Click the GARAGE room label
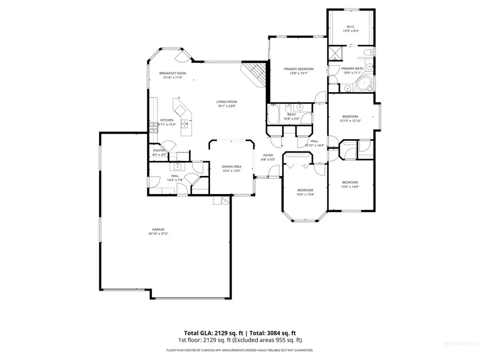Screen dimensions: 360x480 click(157, 229)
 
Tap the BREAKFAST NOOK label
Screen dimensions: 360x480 click(172, 73)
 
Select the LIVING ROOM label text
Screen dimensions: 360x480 click(227, 102)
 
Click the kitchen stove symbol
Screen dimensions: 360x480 click(154, 127)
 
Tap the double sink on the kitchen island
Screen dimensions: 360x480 click(185, 124)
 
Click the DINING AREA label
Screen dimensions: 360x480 click(231, 166)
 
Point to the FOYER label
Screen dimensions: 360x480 click(268, 155)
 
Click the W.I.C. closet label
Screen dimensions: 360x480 click(350, 27)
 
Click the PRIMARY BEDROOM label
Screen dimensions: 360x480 click(298, 69)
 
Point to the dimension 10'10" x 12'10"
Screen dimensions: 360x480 click(350, 121)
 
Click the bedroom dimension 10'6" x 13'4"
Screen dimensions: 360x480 click(305, 195)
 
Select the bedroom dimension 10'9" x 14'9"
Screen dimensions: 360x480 click(350, 187)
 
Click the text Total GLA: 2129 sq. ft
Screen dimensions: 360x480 click(210, 332)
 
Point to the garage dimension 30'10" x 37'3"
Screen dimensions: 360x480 click(157, 234)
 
